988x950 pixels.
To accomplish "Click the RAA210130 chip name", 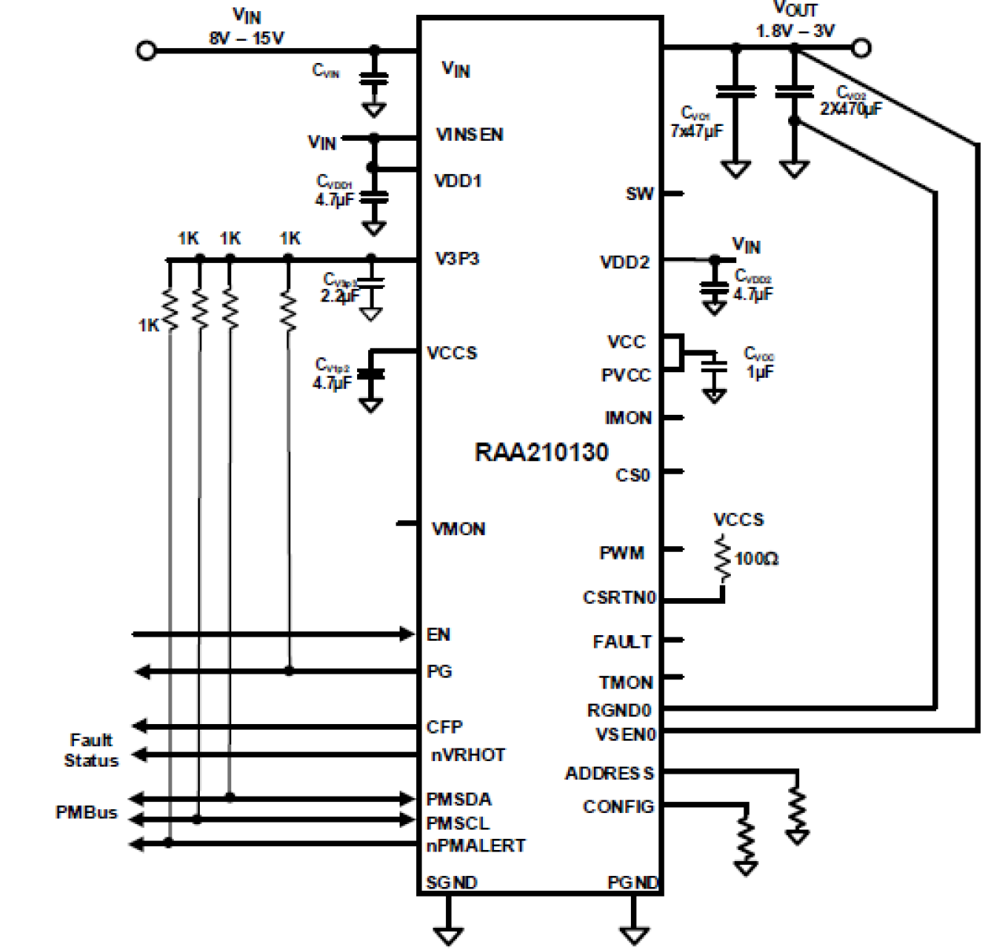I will click(x=541, y=453).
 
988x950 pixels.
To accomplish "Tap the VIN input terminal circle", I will click(x=146, y=50).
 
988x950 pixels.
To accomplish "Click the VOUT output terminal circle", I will click(x=861, y=48).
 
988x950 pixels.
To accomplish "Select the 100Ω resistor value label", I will click(x=756, y=559).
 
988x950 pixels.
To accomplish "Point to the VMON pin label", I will click(x=459, y=529).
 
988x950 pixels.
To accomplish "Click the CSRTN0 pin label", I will click(x=619, y=597).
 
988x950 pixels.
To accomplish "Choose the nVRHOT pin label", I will click(x=468, y=756).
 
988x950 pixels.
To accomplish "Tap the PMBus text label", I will click(x=87, y=812).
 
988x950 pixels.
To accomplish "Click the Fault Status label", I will click(x=90, y=750).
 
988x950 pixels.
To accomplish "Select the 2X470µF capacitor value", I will click(x=850, y=109).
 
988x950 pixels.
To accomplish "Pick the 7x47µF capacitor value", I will click(x=696, y=131).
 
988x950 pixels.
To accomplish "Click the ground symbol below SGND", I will click(x=448, y=935).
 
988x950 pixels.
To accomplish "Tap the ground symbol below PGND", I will click(x=634, y=935).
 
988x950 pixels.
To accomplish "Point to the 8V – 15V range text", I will click(x=246, y=38).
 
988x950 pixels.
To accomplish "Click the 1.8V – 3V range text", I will click(x=795, y=31).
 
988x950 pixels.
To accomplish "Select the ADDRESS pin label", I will click(x=610, y=774).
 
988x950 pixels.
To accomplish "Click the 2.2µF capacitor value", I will click(x=339, y=296).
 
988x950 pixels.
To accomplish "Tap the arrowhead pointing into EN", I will click(x=407, y=634).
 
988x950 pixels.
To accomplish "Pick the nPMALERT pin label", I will click(x=476, y=846).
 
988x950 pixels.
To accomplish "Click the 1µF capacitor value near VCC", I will click(x=760, y=371).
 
